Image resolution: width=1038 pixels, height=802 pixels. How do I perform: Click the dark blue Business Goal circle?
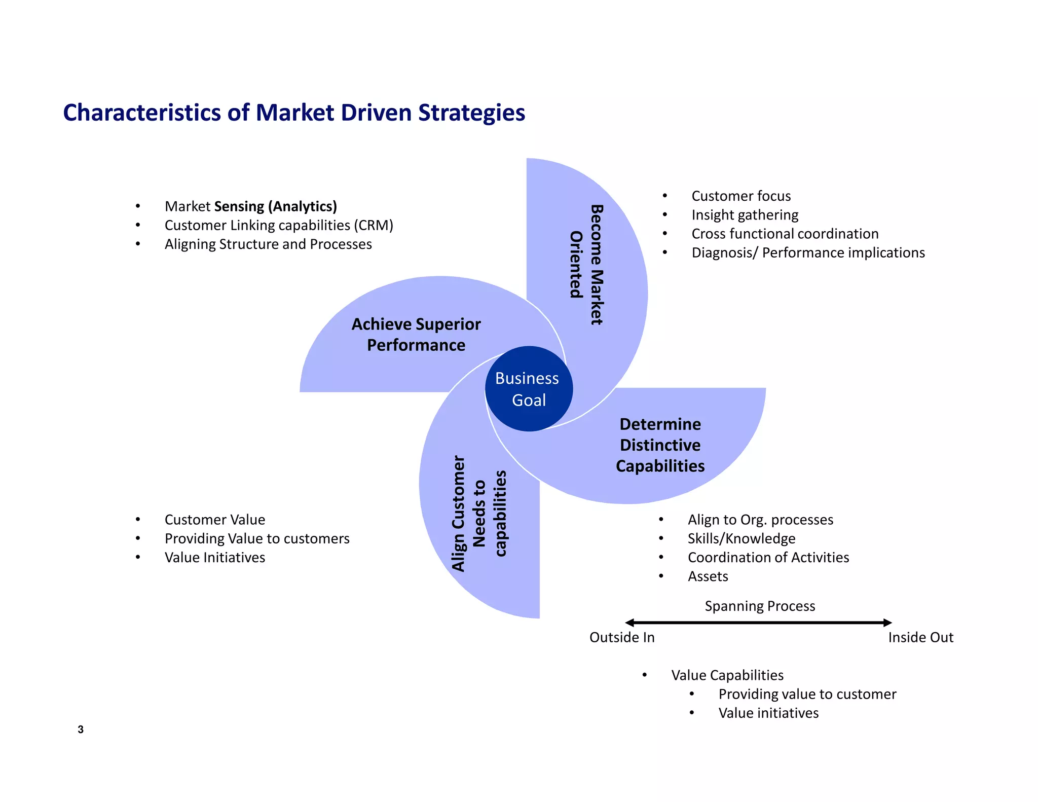click(529, 389)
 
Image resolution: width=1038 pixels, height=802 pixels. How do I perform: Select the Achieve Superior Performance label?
click(416, 335)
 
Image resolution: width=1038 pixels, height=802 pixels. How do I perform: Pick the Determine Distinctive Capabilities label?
click(660, 445)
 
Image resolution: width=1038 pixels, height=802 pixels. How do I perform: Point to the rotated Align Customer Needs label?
click(478, 513)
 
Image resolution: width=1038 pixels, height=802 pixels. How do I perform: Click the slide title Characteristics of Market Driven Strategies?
click(294, 113)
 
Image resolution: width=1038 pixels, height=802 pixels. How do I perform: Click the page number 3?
click(81, 730)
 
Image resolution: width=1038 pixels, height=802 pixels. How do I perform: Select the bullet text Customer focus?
click(740, 196)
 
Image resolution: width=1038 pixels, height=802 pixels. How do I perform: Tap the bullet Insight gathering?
click(745, 215)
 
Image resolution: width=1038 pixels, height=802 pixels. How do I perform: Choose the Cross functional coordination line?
click(785, 234)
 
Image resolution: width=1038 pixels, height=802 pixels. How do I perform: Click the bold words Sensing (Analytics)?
click(275, 206)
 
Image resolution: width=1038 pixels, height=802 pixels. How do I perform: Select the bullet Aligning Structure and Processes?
click(268, 244)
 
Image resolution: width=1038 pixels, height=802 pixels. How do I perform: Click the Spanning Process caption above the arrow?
click(760, 606)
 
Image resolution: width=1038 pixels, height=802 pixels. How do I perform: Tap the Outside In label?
click(622, 637)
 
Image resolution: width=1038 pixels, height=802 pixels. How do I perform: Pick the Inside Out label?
click(920, 637)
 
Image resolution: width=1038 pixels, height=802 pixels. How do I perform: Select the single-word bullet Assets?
click(708, 576)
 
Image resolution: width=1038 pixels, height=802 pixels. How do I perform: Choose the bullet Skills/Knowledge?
click(741, 538)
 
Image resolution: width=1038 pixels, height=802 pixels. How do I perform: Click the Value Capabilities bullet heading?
click(727, 675)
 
